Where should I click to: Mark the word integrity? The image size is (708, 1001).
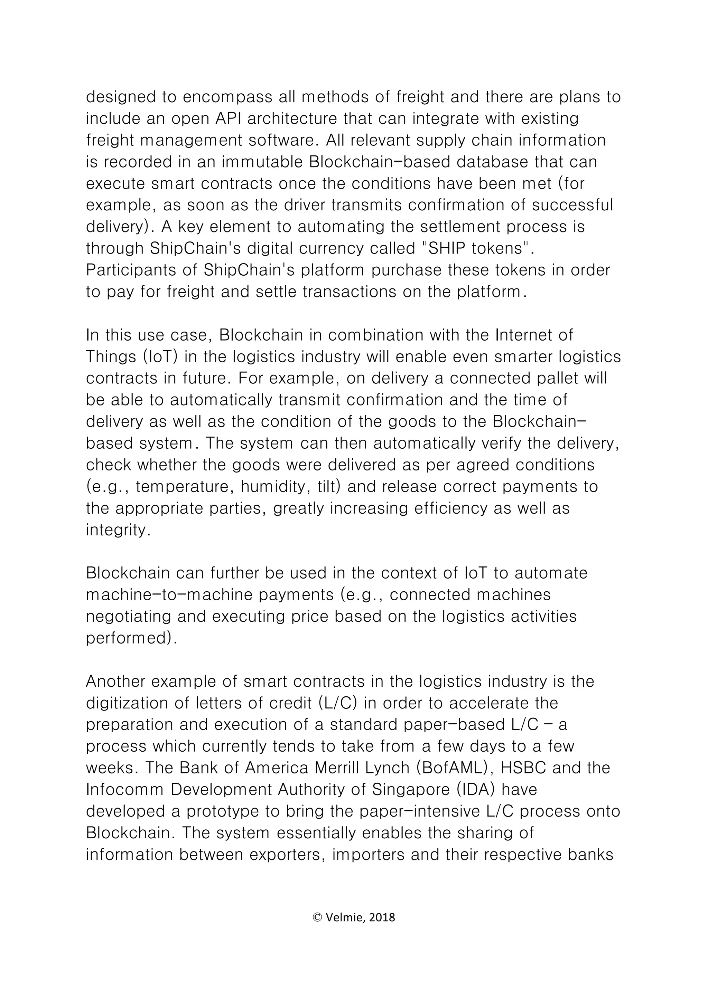coord(118,530)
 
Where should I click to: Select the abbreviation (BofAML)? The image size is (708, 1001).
coord(451,768)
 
